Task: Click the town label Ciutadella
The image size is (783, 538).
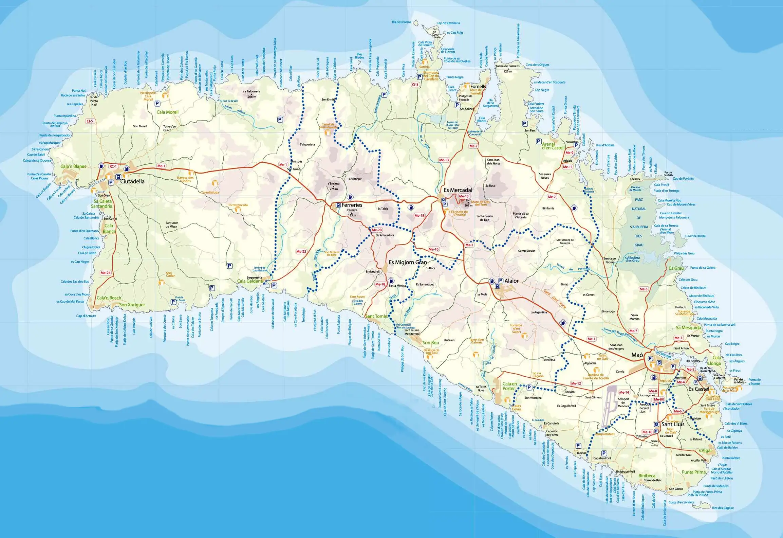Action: [132, 181]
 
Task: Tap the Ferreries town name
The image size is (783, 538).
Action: [352, 205]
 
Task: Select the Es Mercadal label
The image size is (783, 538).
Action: [458, 190]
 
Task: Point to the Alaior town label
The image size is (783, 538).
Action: [511, 281]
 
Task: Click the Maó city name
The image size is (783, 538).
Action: [637, 355]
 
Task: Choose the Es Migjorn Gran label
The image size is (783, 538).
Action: [408, 262]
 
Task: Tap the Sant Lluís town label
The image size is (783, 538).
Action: [673, 424]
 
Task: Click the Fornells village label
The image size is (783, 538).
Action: [478, 86]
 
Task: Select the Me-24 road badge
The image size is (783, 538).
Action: [106, 273]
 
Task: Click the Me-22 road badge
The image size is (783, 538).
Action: [301, 252]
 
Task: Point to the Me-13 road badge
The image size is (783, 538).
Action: [444, 160]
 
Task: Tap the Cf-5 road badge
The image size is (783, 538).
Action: [90, 121]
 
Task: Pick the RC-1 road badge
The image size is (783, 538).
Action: [113, 166]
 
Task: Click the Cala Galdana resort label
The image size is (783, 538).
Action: [250, 281]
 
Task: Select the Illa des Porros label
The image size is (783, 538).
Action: [402, 22]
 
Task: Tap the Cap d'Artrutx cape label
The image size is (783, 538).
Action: [86, 316]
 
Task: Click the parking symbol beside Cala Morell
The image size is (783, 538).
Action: [157, 103]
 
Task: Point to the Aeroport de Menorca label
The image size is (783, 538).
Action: [623, 402]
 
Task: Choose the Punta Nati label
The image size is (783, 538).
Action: [79, 91]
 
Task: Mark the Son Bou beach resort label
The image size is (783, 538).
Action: [431, 343]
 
